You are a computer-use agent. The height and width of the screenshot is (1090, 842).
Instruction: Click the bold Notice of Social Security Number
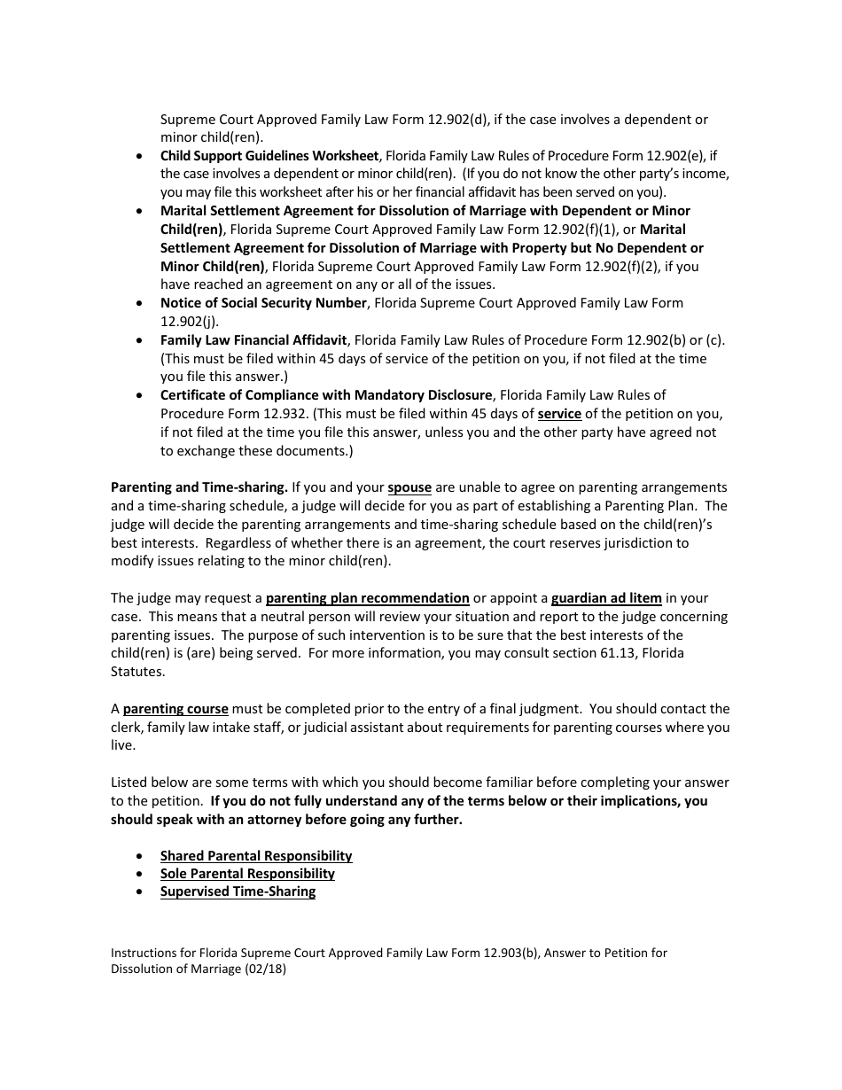coord(263,303)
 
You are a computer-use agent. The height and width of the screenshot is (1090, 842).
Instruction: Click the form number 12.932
coord(277,414)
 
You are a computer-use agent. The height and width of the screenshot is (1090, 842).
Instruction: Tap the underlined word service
coord(559,414)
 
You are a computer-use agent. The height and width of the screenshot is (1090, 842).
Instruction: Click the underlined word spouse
coord(409,487)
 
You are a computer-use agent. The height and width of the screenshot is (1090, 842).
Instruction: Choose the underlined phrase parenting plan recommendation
coord(367,598)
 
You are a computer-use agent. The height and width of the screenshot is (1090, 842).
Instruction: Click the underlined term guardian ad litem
coord(606,598)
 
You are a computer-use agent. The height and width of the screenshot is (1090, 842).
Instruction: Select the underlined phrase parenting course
coord(175,709)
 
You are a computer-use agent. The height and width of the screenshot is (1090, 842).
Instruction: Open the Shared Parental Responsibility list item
coord(256,856)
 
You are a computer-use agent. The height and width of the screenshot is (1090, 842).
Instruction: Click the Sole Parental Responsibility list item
coord(247,874)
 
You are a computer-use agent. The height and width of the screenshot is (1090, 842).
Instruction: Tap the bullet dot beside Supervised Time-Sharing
coord(141,892)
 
